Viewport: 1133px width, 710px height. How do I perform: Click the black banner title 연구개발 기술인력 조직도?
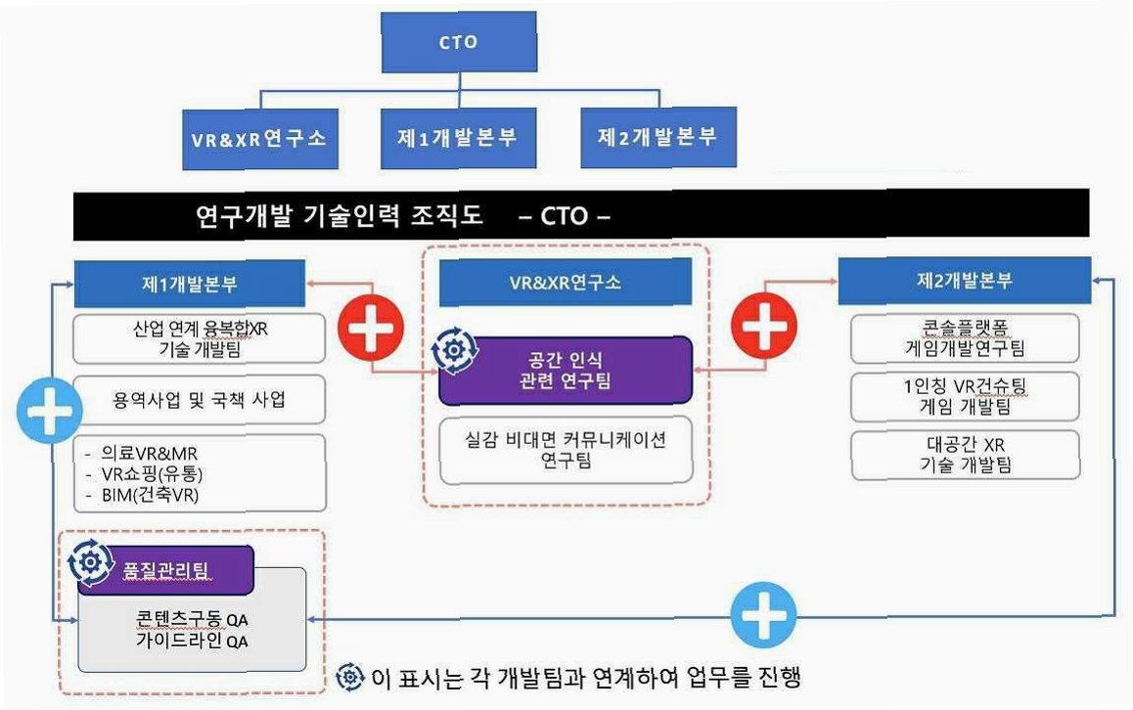340,215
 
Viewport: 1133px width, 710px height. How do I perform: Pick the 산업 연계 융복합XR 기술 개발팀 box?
200,338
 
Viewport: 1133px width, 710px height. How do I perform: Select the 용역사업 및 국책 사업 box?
200,401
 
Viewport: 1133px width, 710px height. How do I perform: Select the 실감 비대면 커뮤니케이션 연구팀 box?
566,450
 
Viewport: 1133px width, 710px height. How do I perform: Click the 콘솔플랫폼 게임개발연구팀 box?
965,337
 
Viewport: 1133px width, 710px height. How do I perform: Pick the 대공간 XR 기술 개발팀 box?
965,455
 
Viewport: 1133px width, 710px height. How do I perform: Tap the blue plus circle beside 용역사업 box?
47,416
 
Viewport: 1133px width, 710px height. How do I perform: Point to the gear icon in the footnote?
349,677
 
